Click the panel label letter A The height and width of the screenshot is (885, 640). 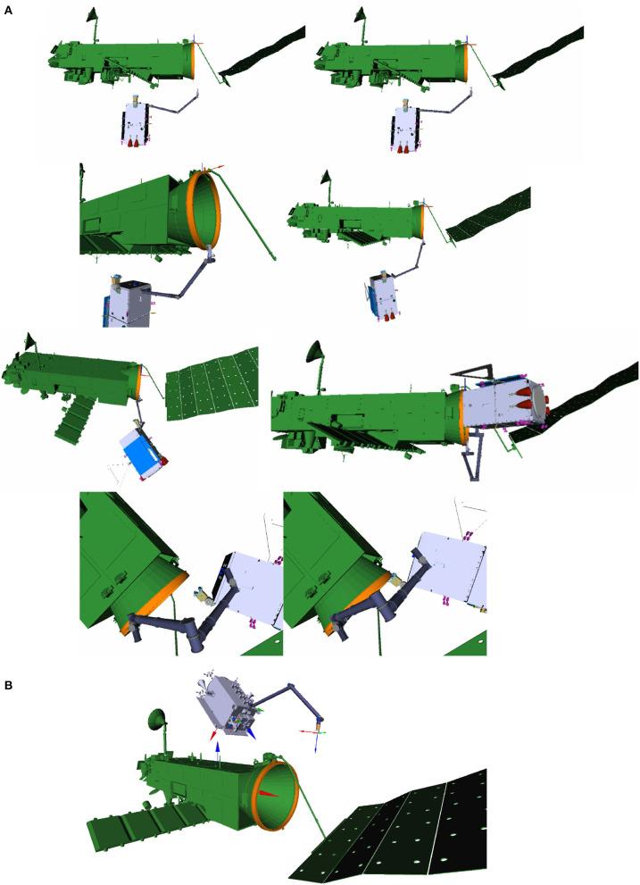8,10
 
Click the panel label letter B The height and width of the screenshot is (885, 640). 8,685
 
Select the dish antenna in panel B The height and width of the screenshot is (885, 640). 158,720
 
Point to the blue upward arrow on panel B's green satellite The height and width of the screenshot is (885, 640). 218,751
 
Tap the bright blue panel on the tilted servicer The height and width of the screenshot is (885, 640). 144,453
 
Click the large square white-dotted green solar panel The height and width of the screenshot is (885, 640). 212,384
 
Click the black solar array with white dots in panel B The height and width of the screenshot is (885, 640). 395,830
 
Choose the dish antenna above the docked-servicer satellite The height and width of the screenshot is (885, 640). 317,355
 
